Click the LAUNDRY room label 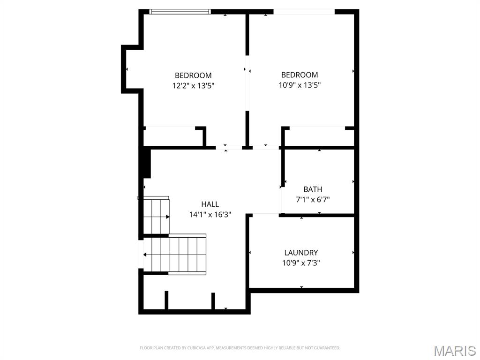click(x=301, y=253)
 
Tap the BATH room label click(x=313, y=189)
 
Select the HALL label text click(x=210, y=204)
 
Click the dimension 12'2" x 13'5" click(x=193, y=86)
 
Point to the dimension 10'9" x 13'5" click(x=300, y=85)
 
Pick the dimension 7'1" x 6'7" click(x=313, y=199)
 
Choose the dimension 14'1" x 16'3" click(x=210, y=214)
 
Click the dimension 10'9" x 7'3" click(x=301, y=263)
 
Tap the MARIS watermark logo click(x=454, y=351)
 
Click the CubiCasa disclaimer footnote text click(x=240, y=348)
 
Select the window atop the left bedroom click(x=180, y=12)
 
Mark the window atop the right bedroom click(x=304, y=12)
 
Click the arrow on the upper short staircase click(x=167, y=217)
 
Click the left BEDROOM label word click(x=193, y=75)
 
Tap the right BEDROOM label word click(x=300, y=75)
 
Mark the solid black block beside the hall click(x=146, y=163)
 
